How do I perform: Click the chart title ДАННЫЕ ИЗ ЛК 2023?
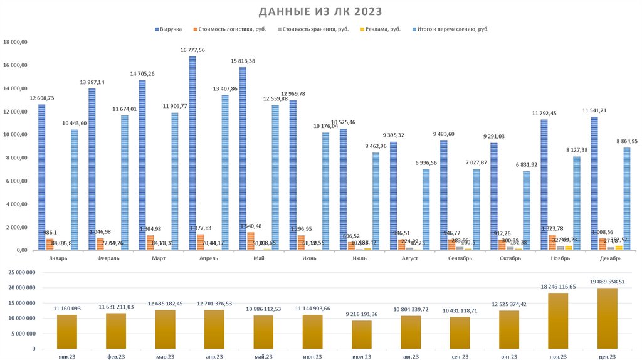(320, 12)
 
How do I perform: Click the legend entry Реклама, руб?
(382, 29)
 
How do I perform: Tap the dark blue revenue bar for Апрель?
(192, 154)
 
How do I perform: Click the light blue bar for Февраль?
(125, 183)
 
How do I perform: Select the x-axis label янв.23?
(66, 356)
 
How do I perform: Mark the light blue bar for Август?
(426, 209)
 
